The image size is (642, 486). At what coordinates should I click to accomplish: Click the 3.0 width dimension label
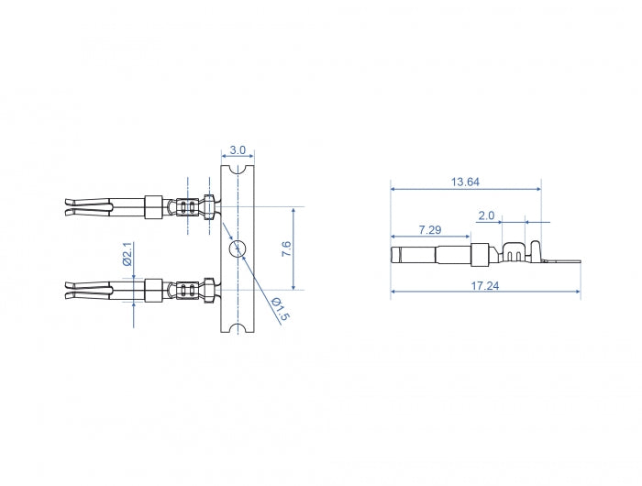[x=238, y=149]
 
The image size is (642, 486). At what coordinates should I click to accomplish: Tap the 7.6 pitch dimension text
[x=286, y=248]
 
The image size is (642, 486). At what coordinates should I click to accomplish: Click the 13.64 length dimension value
[x=465, y=182]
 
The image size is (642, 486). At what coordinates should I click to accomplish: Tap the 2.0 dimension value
[x=486, y=215]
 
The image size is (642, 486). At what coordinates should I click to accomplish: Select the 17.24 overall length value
[x=486, y=286]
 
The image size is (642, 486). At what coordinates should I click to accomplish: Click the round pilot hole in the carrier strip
[x=238, y=248]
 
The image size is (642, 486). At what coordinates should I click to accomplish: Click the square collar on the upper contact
[x=153, y=206]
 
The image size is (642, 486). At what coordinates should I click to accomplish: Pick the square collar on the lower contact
[x=153, y=289]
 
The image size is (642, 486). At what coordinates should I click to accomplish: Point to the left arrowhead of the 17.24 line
[x=393, y=293]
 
